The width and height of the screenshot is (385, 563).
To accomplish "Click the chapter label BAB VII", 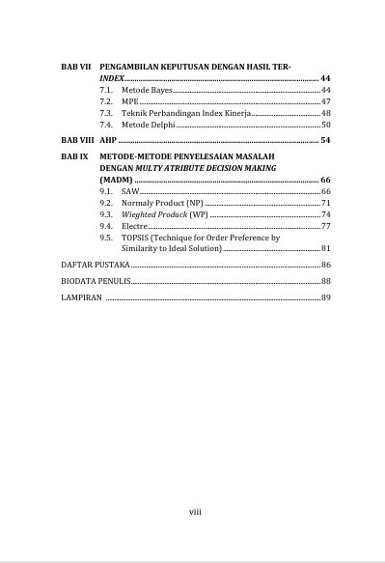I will click(74, 64).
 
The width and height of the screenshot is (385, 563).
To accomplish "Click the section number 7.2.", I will click(105, 101).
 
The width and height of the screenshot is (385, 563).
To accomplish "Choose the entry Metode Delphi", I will click(148, 126).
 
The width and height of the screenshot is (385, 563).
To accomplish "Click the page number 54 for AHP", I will click(325, 141).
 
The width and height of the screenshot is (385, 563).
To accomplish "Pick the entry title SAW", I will click(129, 192).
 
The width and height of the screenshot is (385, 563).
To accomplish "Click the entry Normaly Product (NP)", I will click(162, 203).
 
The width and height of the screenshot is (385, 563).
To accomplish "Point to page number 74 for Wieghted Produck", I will click(325, 214).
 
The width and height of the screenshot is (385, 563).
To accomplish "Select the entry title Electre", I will click(134, 226).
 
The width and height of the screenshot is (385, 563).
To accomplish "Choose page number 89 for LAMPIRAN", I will click(325, 298).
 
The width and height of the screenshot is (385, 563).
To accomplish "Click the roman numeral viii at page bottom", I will click(194, 512).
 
